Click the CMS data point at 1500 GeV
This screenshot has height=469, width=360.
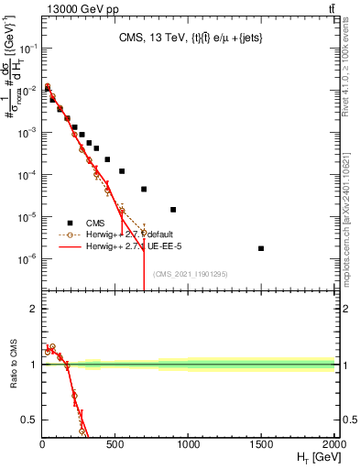(261, 248)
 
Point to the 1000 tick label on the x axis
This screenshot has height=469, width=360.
(188, 443)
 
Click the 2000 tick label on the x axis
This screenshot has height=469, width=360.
(333, 443)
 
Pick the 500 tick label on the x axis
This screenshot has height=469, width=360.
(115, 443)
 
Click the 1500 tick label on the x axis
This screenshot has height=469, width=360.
(261, 443)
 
